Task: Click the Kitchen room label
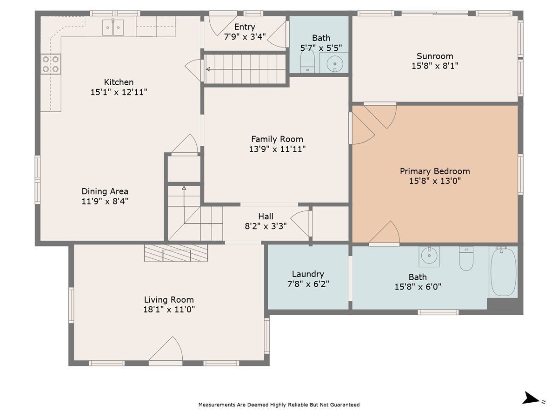coord(119,82)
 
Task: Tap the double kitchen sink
coord(113,27)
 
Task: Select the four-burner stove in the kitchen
coord(51,64)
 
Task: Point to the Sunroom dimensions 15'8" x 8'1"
coord(435,66)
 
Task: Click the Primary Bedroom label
coord(435,171)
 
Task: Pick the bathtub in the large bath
coord(504,272)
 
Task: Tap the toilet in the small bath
coord(308,61)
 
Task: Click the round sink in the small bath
coord(334,63)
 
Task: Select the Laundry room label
coord(308,274)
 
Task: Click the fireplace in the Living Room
coord(176,253)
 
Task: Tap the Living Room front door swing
coord(166,349)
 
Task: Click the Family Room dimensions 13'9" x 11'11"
coord(277,149)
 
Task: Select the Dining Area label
coord(105,191)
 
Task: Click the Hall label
coord(266,216)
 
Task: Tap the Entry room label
coord(245,27)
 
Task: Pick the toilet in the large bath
coord(466,258)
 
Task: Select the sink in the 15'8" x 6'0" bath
coord(429,257)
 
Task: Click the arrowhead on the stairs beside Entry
coord(208,69)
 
